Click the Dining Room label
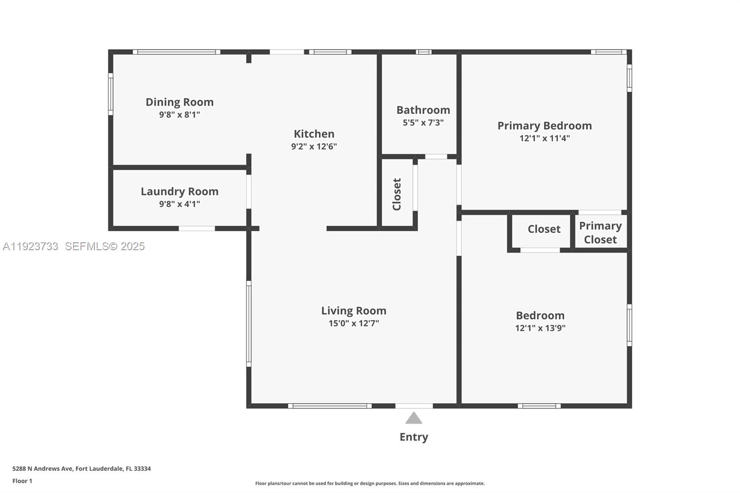click(179, 102)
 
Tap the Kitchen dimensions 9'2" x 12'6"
click(314, 147)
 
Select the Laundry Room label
click(179, 191)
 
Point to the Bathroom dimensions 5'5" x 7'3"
click(423, 123)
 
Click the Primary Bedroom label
click(544, 126)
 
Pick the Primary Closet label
click(600, 233)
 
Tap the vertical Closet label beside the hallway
click(397, 194)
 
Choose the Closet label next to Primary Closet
click(544, 229)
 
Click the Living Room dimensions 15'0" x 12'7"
click(353, 323)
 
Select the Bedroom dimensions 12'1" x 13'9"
click(540, 328)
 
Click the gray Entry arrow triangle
click(413, 419)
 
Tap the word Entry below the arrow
click(413, 437)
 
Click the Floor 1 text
click(22, 481)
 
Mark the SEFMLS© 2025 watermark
click(105, 246)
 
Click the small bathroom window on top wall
click(423, 52)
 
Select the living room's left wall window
click(249, 324)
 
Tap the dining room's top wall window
click(176, 52)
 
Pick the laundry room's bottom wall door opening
click(197, 228)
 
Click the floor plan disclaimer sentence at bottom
click(370, 483)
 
